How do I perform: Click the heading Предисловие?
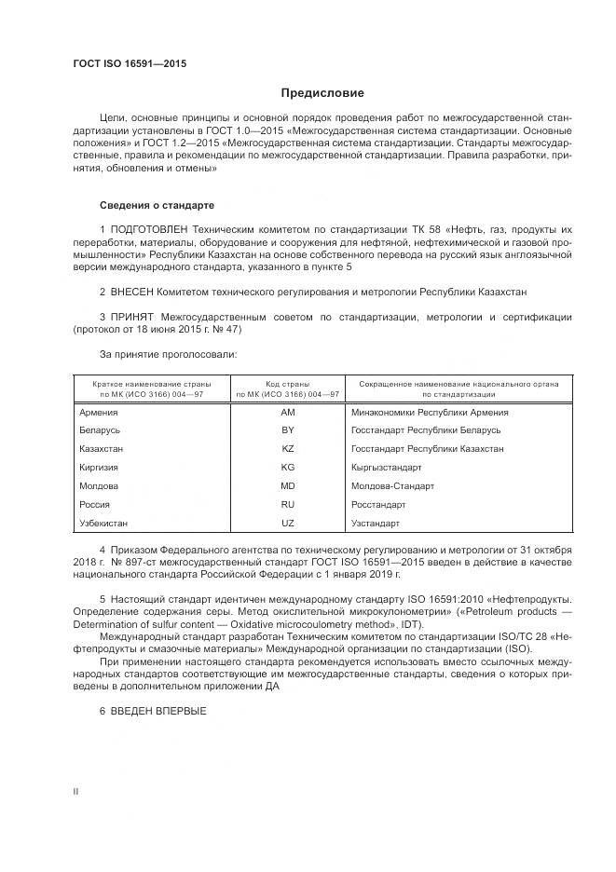coord(323,93)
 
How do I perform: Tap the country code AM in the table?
coord(287,412)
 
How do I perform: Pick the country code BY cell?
coord(287,430)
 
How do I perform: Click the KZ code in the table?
coord(287,449)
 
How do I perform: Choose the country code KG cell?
coord(287,468)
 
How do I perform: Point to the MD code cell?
coord(287,486)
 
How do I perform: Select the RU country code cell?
coord(287,505)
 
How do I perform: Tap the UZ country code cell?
coord(287,524)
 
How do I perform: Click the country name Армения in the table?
coord(99,412)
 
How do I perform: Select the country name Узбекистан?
coord(104,524)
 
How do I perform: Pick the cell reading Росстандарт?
coord(378,505)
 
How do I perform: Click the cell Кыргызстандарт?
coord(387,468)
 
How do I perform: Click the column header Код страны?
coord(287,383)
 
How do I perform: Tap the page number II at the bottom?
coord(75,791)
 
